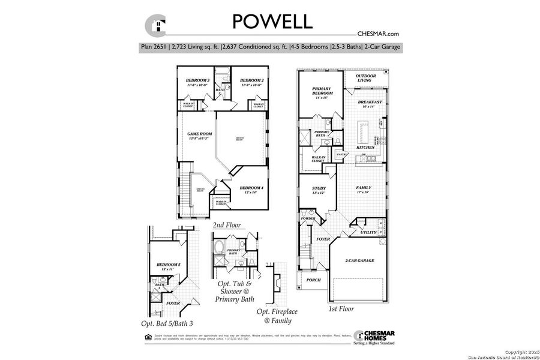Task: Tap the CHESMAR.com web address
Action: tap(377, 34)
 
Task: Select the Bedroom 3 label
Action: tap(197, 80)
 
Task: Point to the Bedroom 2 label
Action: tap(252, 80)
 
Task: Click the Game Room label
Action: tap(200, 134)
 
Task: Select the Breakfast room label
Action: tap(370, 103)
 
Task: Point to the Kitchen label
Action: tap(365, 147)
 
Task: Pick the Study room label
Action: tap(319, 188)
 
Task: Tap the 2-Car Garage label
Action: tap(359, 261)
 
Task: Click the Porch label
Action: tap(313, 280)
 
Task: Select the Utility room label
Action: tap(368, 232)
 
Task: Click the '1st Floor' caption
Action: tap(341, 309)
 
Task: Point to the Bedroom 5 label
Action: tap(168, 265)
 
